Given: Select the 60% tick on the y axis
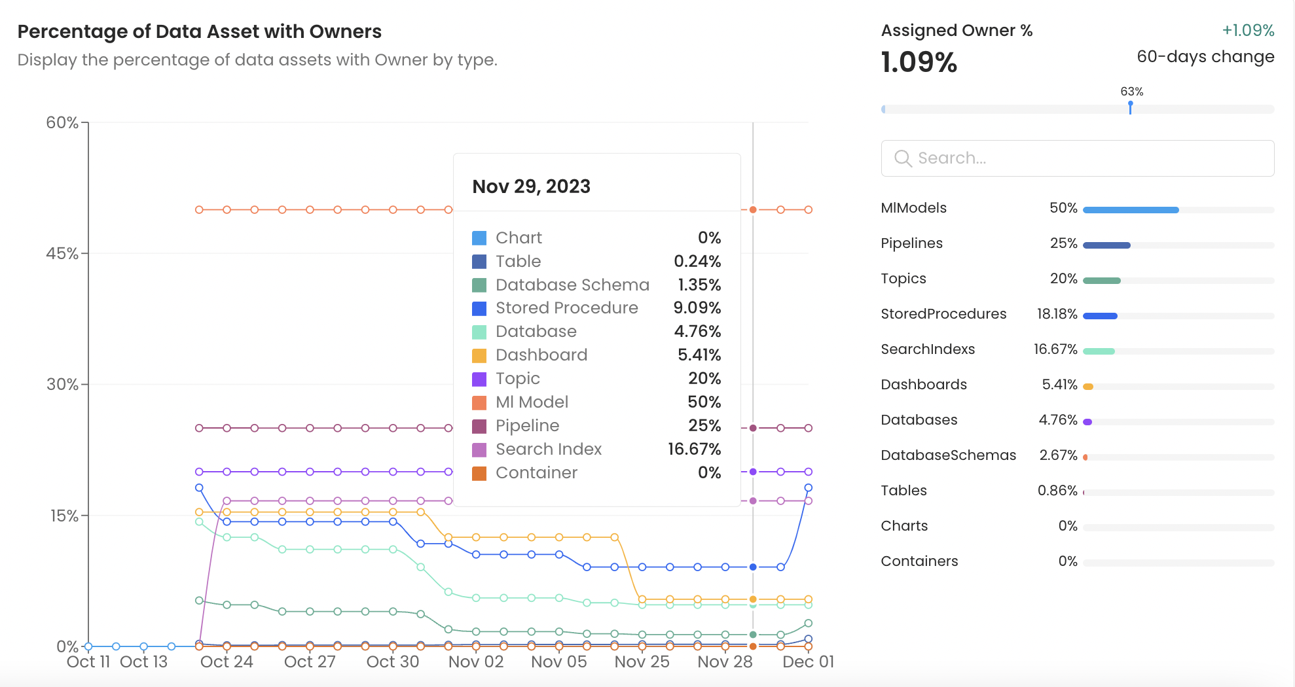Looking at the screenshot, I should [x=62, y=123].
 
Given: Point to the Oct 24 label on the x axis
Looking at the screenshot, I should [x=227, y=662].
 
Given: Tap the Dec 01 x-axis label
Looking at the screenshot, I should [x=808, y=662].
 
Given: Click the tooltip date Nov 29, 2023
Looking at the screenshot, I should [x=531, y=187].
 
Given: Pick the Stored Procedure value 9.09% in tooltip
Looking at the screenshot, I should [x=697, y=308].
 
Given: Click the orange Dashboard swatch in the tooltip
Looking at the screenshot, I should [x=479, y=355].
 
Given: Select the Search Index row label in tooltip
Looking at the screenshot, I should [x=548, y=449].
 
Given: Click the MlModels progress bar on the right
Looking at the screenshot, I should [x=1131, y=210].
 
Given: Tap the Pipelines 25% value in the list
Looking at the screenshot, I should [x=1063, y=243].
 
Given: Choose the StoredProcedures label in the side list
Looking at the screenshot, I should [x=943, y=314].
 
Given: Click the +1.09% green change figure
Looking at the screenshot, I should [x=1247, y=31].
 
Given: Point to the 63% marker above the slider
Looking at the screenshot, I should [x=1131, y=92].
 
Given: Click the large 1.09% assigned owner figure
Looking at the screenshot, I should [x=919, y=63].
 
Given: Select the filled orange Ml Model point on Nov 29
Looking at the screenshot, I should [x=753, y=210].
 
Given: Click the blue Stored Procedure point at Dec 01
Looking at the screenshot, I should [x=808, y=488].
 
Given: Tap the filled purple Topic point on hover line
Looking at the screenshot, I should [x=753, y=472].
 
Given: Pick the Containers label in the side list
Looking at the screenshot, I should [x=919, y=561].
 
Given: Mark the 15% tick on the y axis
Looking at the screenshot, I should [x=64, y=516].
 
